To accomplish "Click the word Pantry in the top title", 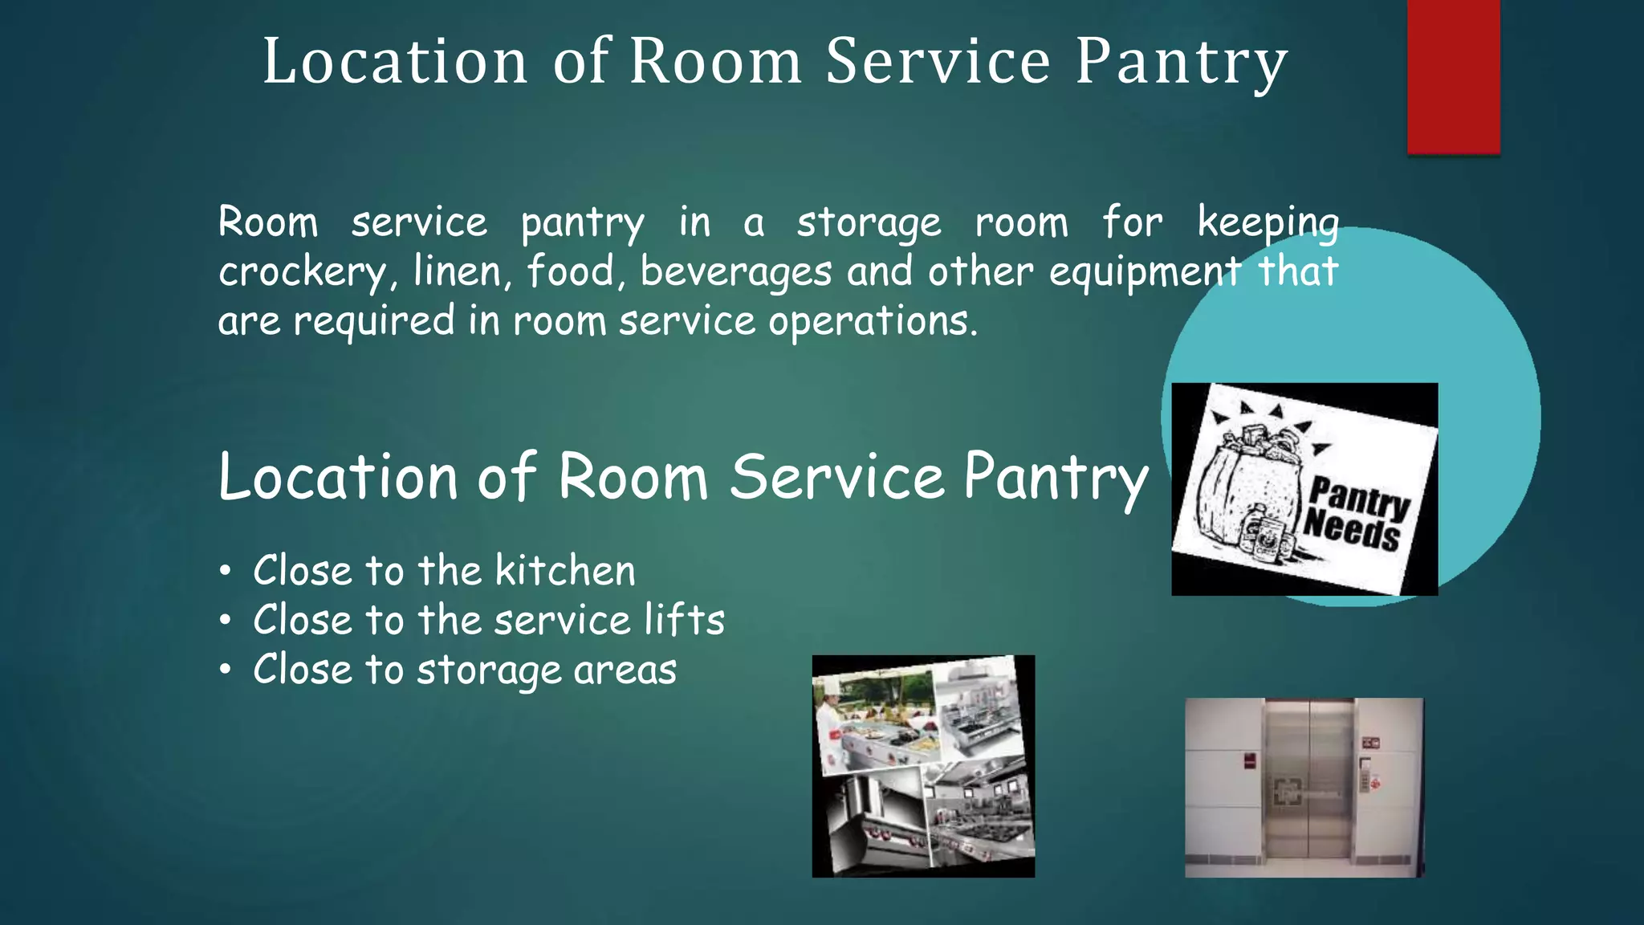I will click(1181, 63).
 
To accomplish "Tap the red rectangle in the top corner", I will click(1453, 76).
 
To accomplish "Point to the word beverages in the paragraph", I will click(735, 272).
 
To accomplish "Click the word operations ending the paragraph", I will click(872, 321).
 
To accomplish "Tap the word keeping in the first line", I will click(1268, 222).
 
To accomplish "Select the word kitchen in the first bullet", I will click(565, 571).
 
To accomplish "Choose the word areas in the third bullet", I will click(625, 670).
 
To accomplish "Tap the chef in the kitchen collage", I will click(830, 727).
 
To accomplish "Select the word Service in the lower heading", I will click(837, 477).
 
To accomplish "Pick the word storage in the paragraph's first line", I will click(869, 222).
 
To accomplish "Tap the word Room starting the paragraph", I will click(268, 222).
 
